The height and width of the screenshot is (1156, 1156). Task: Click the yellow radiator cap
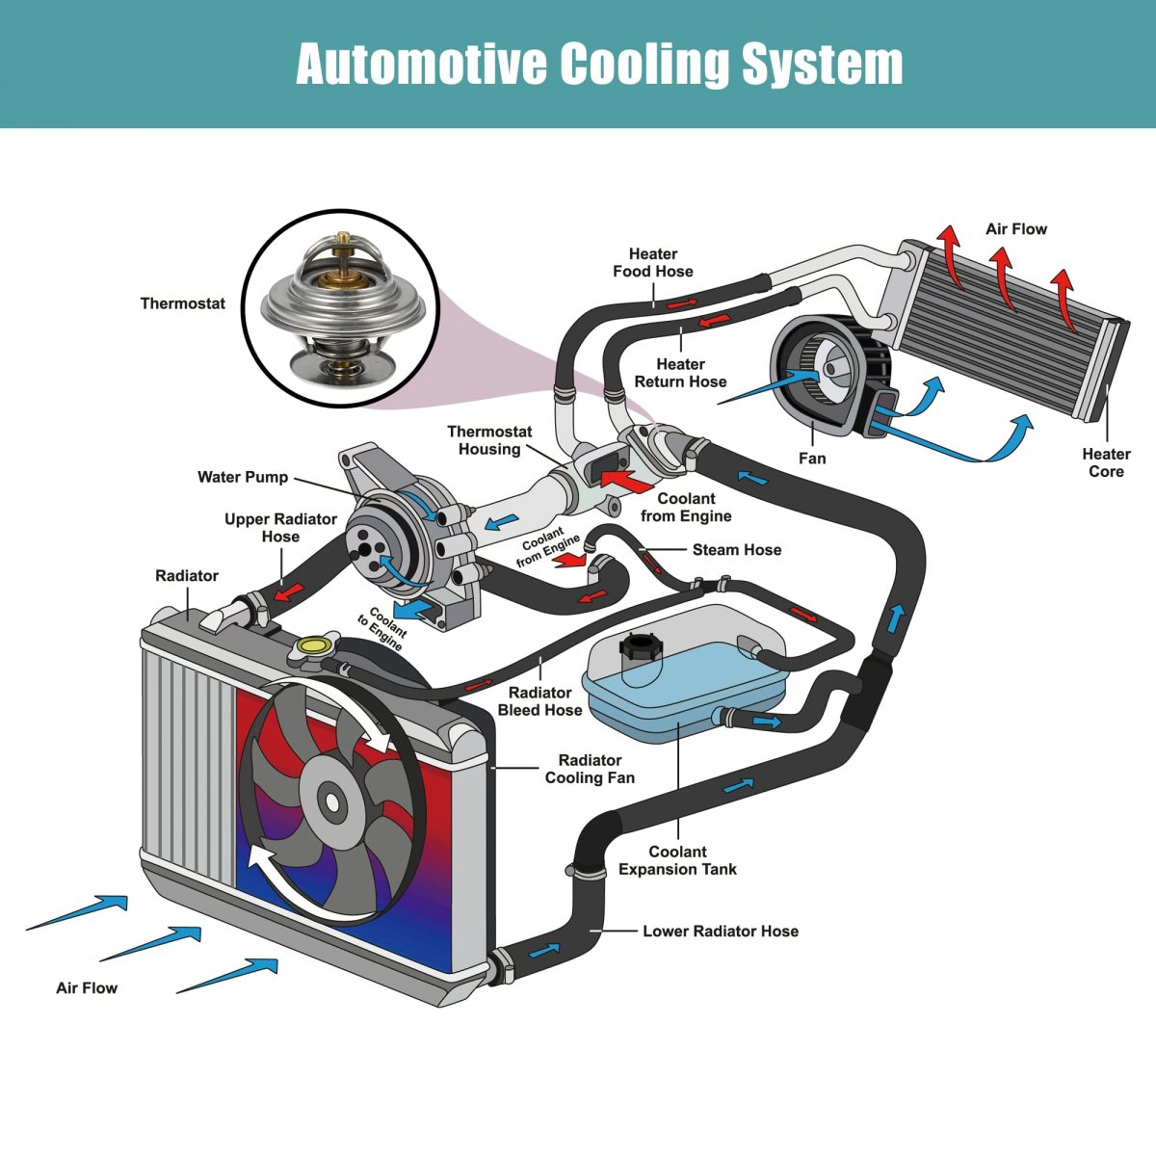pyautogui.click(x=314, y=646)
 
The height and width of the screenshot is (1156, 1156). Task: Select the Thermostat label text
pyautogui.click(x=183, y=303)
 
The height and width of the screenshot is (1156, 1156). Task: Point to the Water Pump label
pyautogui.click(x=243, y=477)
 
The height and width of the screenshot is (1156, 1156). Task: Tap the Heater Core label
pyautogui.click(x=1106, y=462)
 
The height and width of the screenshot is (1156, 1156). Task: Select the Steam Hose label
pyautogui.click(x=737, y=550)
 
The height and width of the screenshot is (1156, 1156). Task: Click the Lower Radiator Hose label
pyautogui.click(x=721, y=932)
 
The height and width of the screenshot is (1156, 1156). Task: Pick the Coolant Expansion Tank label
pyautogui.click(x=677, y=860)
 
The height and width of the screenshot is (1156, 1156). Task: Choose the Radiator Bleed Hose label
pyautogui.click(x=539, y=701)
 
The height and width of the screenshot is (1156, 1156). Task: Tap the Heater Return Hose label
pyautogui.click(x=680, y=373)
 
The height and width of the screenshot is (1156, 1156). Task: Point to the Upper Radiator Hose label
pyautogui.click(x=280, y=528)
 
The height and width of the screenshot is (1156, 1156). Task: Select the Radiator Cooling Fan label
pyautogui.click(x=590, y=769)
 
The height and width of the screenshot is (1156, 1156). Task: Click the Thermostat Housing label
pyautogui.click(x=489, y=440)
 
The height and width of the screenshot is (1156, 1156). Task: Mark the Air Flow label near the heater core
pyautogui.click(x=1015, y=229)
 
